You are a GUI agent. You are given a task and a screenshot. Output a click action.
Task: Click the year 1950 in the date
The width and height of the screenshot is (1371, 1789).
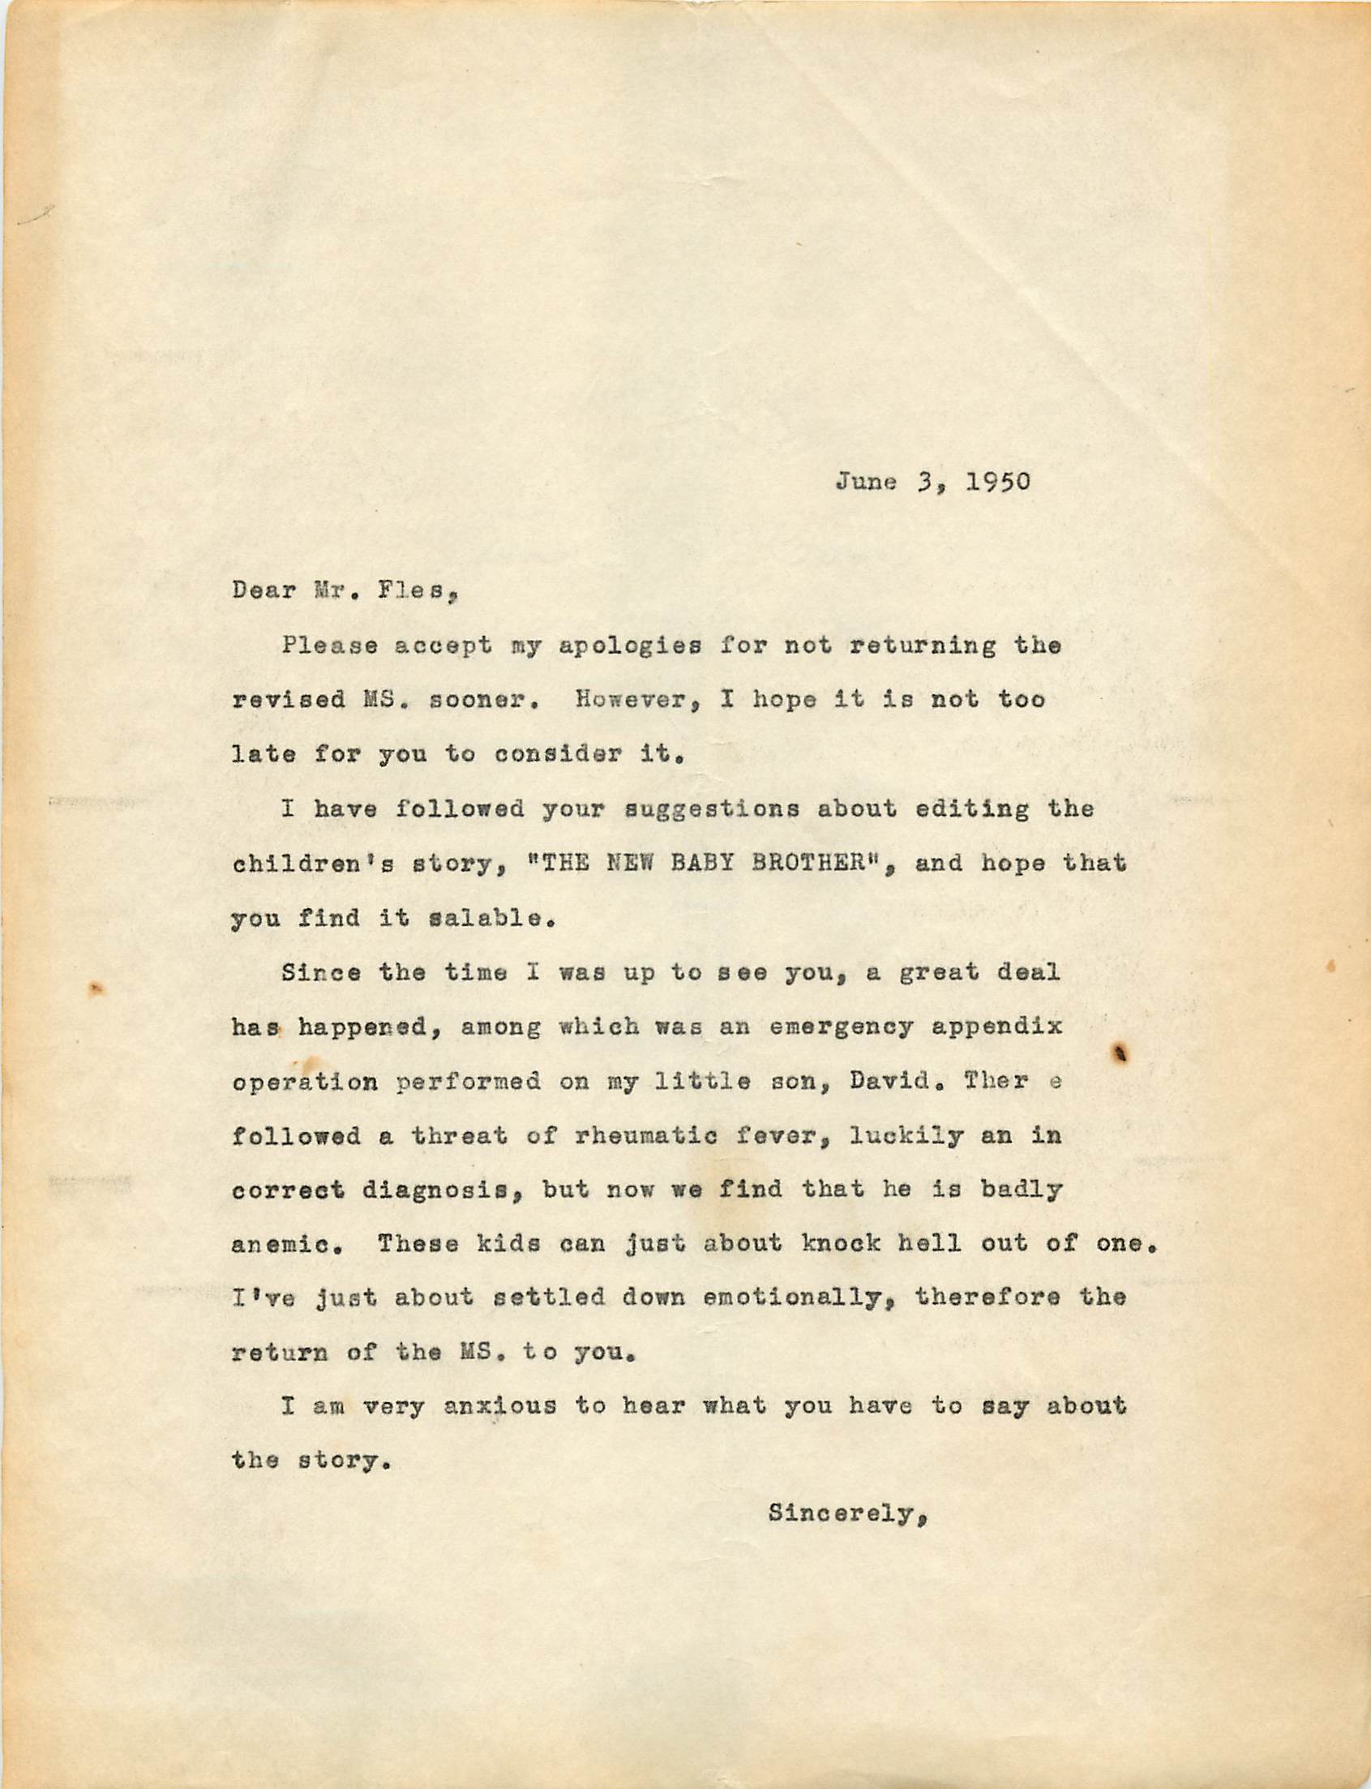click(998, 482)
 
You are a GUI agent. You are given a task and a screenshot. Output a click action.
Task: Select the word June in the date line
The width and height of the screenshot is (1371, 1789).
click(866, 482)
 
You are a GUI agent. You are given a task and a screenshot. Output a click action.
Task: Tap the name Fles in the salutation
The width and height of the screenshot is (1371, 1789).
click(414, 590)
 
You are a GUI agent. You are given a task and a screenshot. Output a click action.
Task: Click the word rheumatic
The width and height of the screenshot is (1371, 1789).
click(645, 1135)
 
